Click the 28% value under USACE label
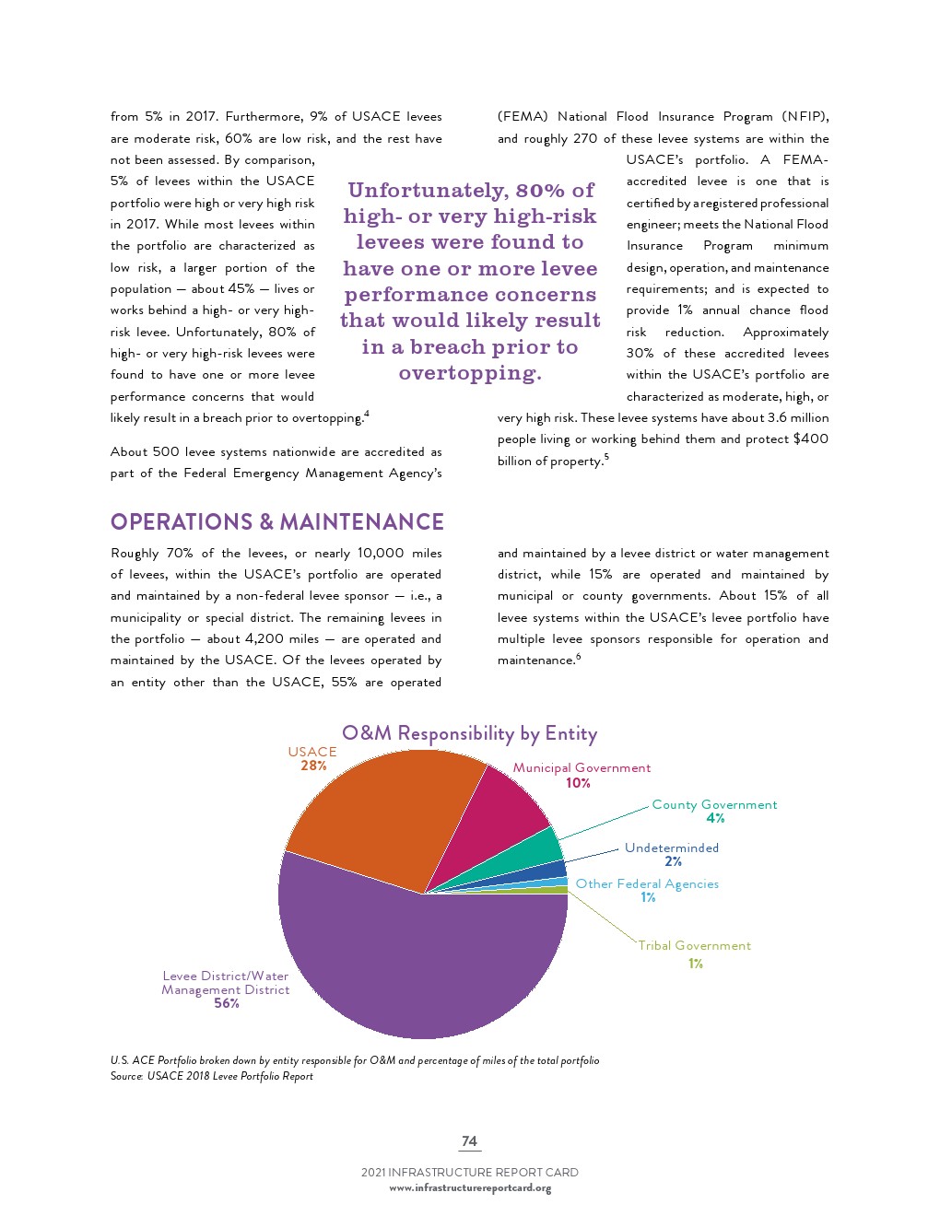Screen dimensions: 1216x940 point(313,766)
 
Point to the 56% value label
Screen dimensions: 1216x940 point(227,1003)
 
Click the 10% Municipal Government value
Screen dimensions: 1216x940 point(578,783)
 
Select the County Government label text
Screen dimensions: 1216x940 point(714,804)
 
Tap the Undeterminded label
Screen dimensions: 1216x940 point(671,848)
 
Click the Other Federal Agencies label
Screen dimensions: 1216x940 point(647,883)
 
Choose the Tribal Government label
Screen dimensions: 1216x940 point(694,945)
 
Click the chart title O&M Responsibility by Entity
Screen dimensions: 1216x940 point(469,733)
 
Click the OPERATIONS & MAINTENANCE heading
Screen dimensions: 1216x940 point(276,522)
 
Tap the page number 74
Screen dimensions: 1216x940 point(469,1141)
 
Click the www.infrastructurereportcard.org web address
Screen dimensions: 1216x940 point(470,1188)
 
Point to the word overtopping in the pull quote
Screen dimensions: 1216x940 point(468,373)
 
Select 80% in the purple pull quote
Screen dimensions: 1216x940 point(540,191)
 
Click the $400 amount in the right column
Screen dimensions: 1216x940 point(810,438)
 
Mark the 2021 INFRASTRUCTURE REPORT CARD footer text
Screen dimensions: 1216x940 point(469,1173)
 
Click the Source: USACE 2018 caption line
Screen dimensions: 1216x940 point(211,1076)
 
